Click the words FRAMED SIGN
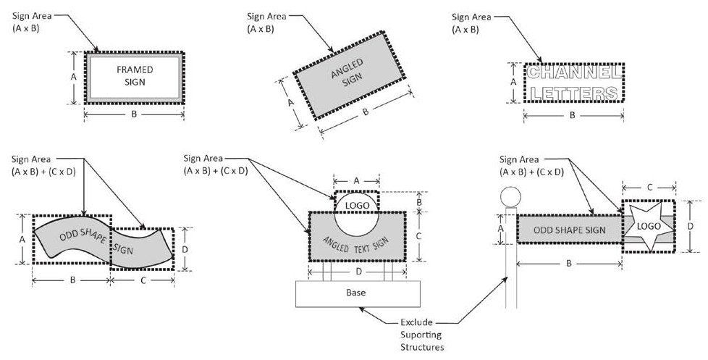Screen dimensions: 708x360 pos(135,76)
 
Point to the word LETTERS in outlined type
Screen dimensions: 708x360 pos(574,93)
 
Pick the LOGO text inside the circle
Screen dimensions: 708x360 pos(357,206)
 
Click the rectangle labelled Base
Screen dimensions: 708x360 pos(358,293)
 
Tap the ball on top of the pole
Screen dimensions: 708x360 pos(510,197)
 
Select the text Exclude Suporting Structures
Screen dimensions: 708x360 pos(421,335)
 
